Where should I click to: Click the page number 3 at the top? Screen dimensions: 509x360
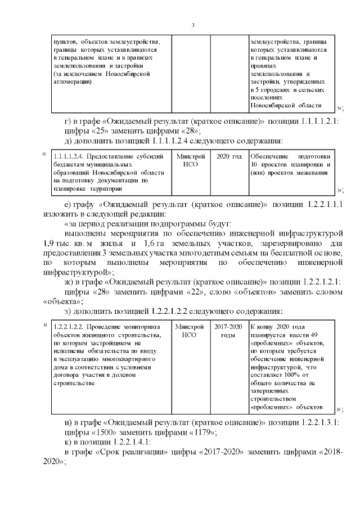tap(193, 25)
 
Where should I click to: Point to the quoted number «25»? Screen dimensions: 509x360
tap(100, 131)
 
